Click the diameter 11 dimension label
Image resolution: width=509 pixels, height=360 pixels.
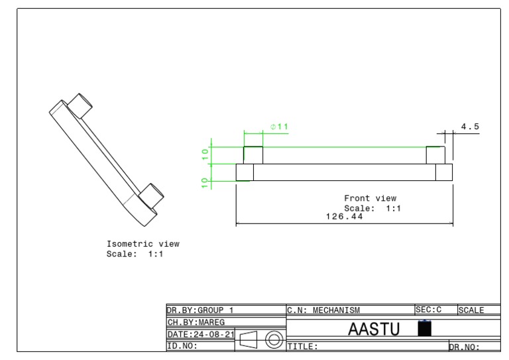(278, 127)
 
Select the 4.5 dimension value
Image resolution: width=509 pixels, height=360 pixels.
(470, 127)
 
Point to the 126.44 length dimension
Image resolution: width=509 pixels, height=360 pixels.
(344, 216)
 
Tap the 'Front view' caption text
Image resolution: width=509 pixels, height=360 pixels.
(370, 198)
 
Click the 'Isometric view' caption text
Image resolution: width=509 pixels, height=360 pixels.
(142, 244)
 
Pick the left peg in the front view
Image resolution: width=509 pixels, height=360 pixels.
(253, 154)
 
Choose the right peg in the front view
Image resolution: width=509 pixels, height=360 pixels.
(435, 154)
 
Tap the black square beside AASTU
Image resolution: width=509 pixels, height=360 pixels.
(425, 328)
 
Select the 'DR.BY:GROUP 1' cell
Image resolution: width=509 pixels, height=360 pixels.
(199, 310)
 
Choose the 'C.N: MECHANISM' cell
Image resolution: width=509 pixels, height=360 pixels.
(323, 310)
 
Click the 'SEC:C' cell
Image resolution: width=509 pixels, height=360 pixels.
(428, 310)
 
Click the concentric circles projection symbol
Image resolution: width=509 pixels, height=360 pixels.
(273, 341)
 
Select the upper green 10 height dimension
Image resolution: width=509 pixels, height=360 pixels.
(205, 154)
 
